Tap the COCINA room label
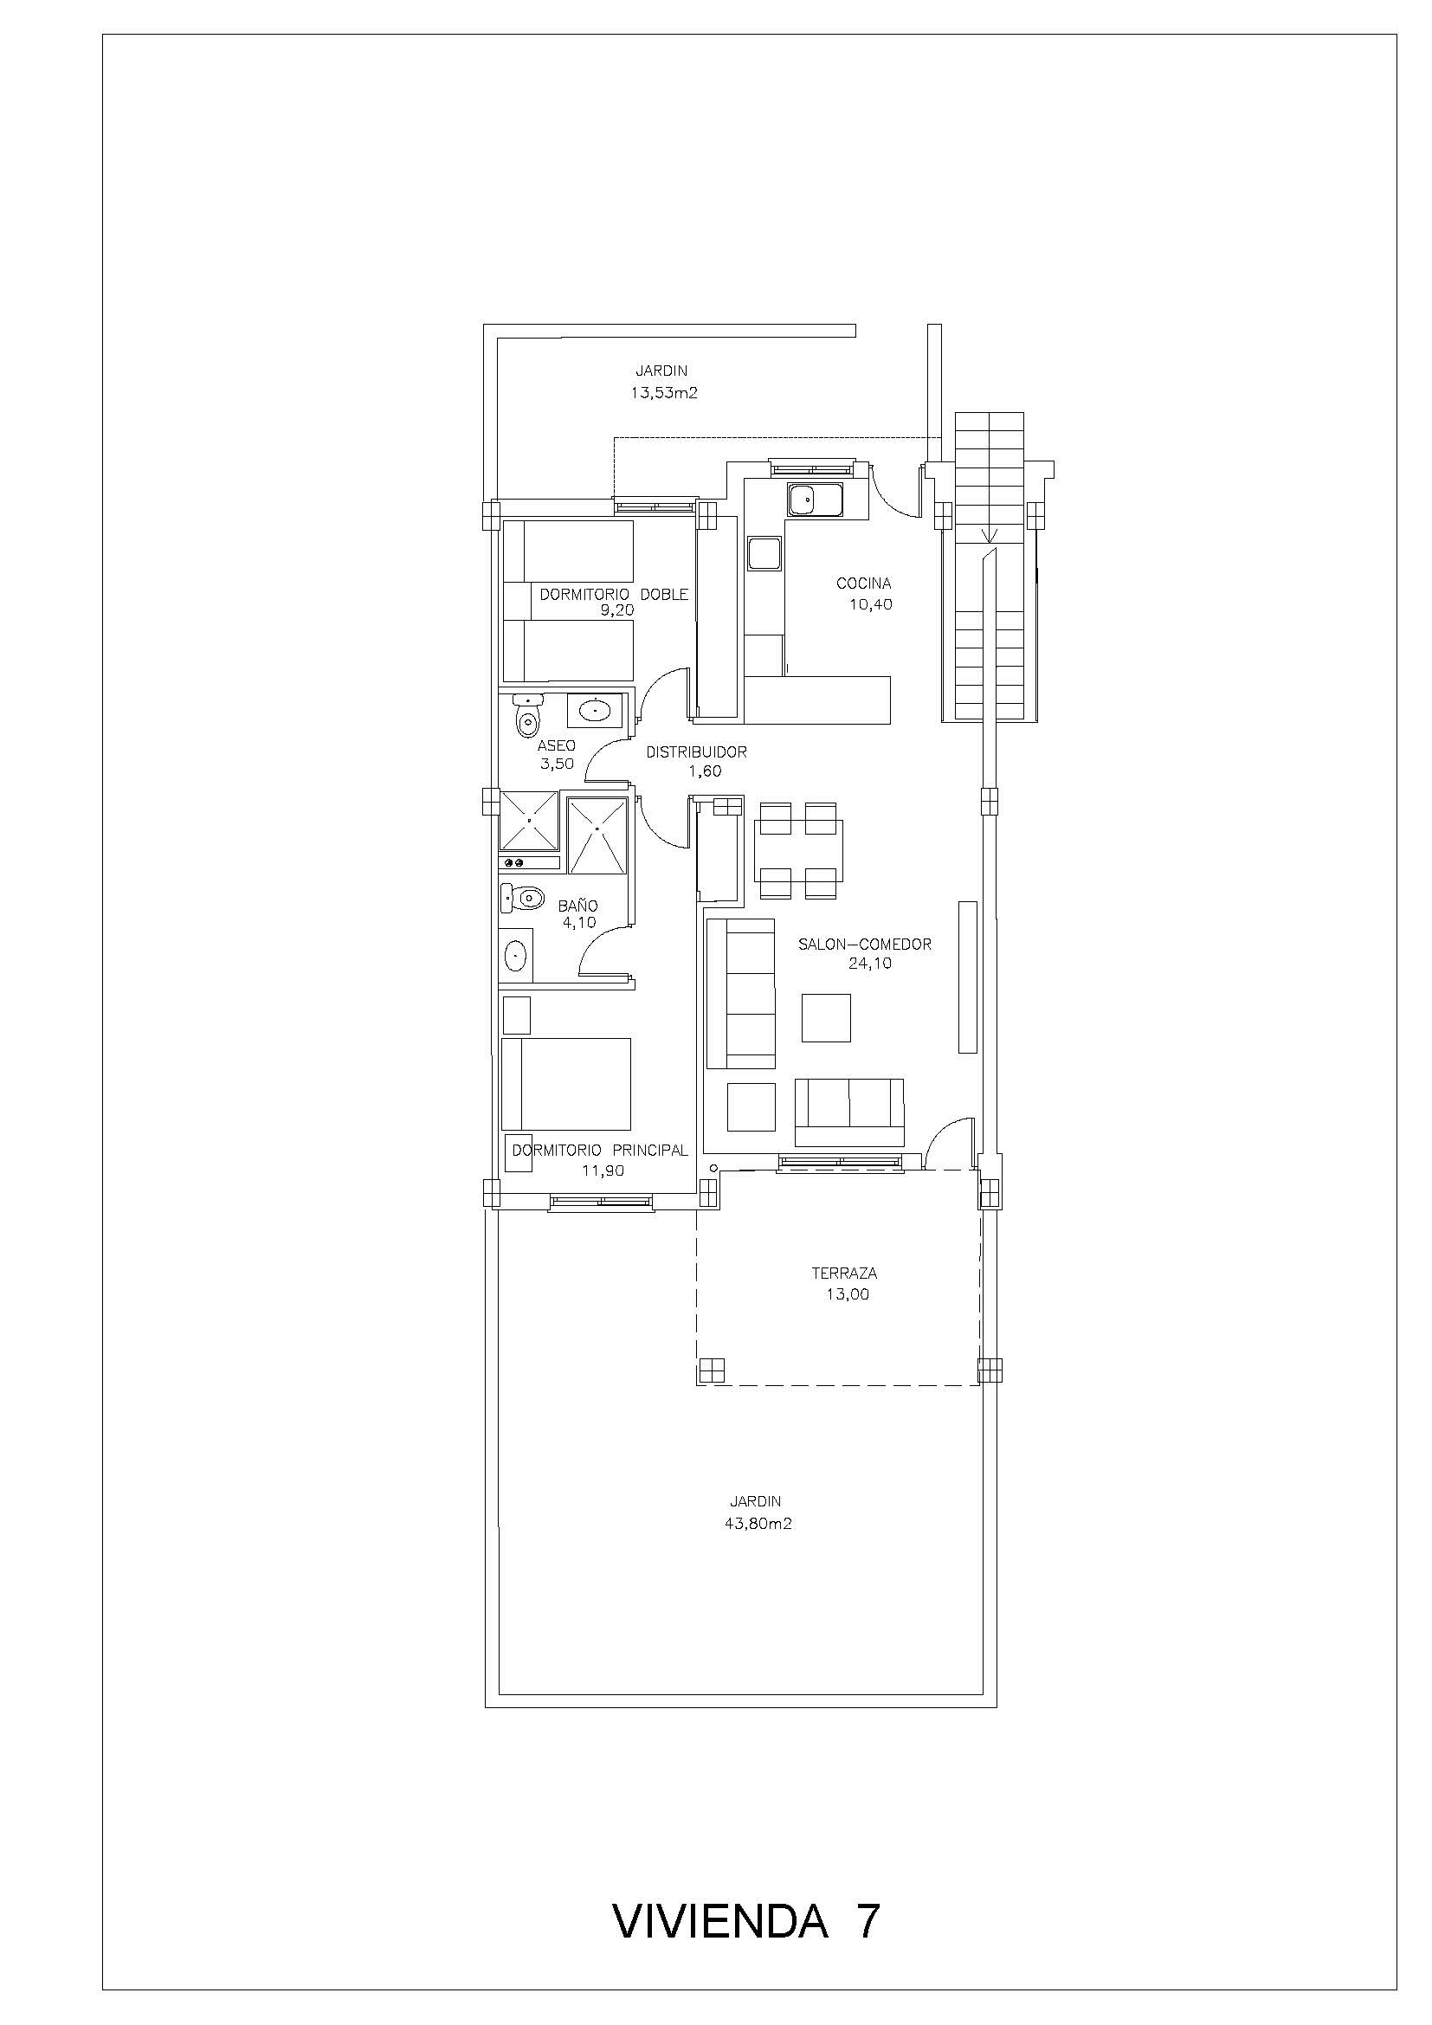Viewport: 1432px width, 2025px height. (x=863, y=583)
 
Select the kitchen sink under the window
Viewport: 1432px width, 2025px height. (x=816, y=501)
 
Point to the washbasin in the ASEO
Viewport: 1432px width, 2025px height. (x=597, y=708)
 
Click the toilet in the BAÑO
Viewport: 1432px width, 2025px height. (x=521, y=899)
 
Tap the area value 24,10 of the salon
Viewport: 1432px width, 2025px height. (x=869, y=963)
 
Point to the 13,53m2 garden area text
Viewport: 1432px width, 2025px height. (x=663, y=393)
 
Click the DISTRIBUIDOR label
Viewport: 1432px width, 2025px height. (x=697, y=752)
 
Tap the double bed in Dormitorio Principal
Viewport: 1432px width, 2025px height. (x=566, y=1084)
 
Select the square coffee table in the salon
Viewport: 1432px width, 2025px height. (x=826, y=1018)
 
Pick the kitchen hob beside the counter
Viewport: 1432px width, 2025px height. (x=763, y=554)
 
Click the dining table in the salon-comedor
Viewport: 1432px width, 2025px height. (x=798, y=851)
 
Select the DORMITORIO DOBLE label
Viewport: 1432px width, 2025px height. (x=614, y=595)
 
